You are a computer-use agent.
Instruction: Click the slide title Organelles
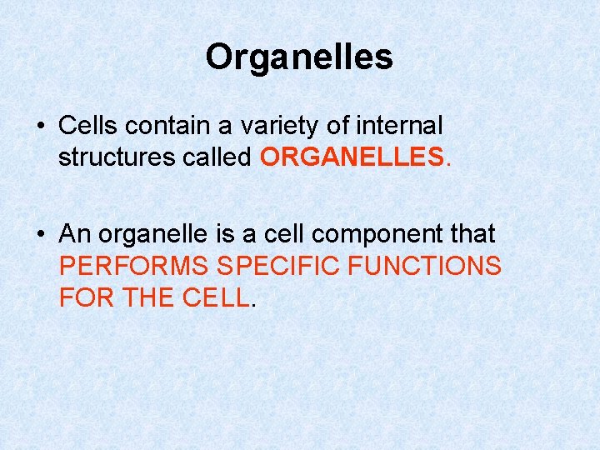point(299,57)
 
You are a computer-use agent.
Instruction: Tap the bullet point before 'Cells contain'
point(40,127)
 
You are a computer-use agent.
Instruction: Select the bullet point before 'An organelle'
point(40,236)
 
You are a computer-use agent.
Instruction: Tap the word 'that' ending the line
point(470,235)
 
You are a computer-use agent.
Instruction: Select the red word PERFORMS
point(134,267)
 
